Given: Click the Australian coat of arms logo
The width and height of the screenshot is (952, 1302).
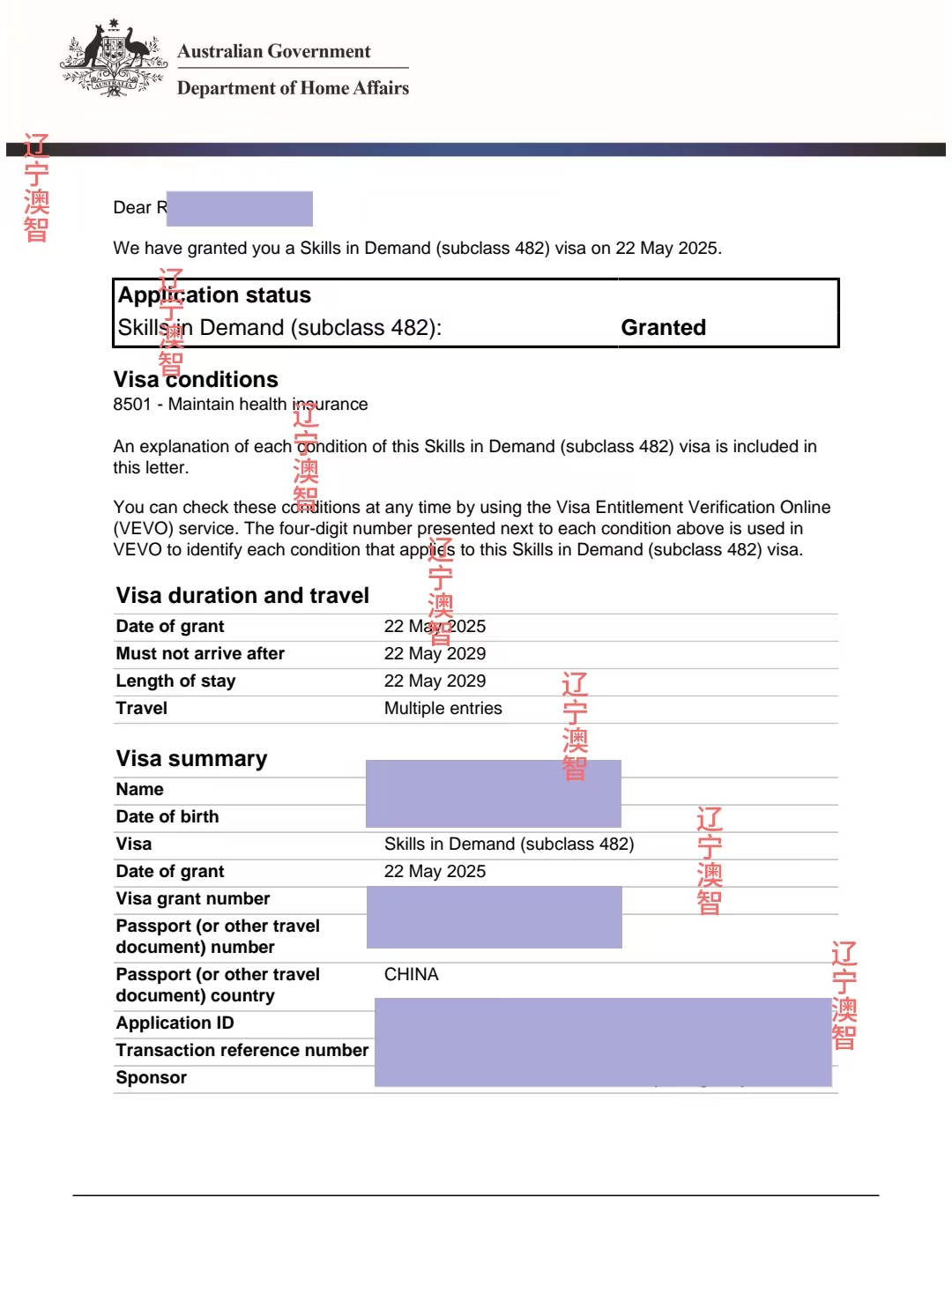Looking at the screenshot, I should pos(114,58).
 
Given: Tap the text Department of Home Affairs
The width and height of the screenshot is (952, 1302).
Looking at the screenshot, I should pos(293,88).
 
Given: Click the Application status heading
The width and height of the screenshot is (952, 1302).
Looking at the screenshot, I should pos(214,295).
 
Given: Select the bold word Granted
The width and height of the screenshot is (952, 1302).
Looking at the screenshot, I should pos(663,328).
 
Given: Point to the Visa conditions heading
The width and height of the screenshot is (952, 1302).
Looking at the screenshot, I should pos(196,380).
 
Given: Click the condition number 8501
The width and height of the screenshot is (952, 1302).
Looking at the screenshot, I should pos(132,405).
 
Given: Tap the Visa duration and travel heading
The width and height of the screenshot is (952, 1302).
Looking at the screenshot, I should pos(242,596).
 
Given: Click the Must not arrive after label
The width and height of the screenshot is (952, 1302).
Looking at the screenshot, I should pos(200,654).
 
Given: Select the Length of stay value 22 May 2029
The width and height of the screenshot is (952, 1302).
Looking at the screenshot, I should pos(435,681).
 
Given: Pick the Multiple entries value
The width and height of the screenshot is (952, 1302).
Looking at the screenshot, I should pos(443,709).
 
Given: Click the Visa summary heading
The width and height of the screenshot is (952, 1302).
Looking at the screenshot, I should pos(191,759).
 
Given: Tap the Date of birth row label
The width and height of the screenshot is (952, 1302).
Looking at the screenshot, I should pos(167,817).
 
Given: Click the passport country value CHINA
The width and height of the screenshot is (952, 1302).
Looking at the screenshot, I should pos(411,975).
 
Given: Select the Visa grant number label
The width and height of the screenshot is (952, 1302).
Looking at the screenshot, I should pos(193,899).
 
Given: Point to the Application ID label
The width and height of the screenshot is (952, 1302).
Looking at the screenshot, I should pos(175,1023).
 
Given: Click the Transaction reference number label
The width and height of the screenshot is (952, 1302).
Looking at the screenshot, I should pos(242,1051).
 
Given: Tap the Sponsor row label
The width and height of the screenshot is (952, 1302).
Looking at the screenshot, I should pos(152,1078).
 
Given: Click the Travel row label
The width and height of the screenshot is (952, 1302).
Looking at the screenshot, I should pos(141,709).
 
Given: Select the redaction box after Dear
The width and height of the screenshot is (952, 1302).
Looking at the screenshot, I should pos(240,209).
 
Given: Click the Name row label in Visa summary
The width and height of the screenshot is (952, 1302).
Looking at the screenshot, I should pos(139,790).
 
